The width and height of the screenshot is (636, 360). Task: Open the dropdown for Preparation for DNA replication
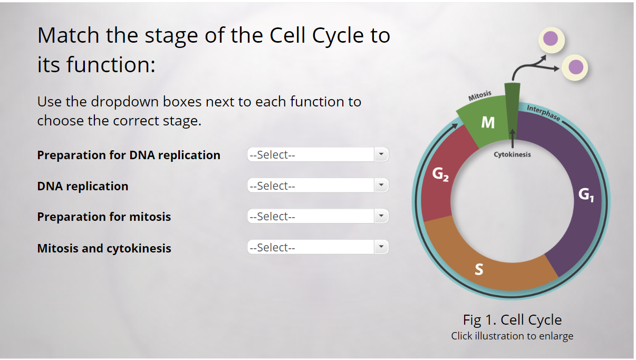click(317, 155)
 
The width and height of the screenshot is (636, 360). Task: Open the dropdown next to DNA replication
click(317, 186)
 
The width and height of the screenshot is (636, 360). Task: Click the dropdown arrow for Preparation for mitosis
click(381, 217)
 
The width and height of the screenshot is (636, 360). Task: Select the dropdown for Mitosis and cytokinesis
click(317, 247)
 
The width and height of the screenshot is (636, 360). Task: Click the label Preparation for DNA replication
click(129, 155)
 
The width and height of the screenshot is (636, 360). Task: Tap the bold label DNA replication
click(83, 186)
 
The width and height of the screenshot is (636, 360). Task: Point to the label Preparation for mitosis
click(104, 217)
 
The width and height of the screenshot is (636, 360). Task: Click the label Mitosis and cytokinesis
click(104, 248)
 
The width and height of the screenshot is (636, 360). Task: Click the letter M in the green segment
click(488, 123)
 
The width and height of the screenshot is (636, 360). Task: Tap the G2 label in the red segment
click(440, 174)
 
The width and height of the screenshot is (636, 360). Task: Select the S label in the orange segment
click(478, 269)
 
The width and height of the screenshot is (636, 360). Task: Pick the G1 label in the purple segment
click(586, 195)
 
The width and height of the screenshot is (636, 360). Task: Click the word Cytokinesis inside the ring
click(512, 154)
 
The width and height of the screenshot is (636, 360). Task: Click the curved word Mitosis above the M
click(480, 96)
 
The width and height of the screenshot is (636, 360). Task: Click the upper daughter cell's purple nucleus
click(551, 38)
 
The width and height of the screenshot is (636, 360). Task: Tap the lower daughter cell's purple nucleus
click(576, 67)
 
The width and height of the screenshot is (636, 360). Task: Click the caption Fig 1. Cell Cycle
click(512, 320)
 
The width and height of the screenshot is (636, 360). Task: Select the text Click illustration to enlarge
click(512, 336)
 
